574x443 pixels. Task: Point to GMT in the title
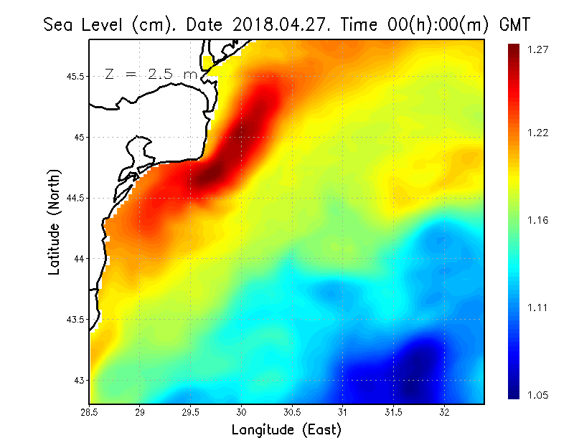pyautogui.click(x=514, y=25)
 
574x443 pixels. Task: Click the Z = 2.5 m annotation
pyautogui.click(x=151, y=75)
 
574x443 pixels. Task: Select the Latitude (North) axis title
pyautogui.click(x=54, y=221)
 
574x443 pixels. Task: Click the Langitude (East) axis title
pyautogui.click(x=286, y=429)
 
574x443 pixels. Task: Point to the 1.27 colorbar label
pyautogui.click(x=539, y=49)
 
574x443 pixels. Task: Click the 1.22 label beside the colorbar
pyautogui.click(x=539, y=133)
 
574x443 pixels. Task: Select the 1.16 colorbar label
pyautogui.click(x=539, y=220)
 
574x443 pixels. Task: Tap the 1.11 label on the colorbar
pyautogui.click(x=539, y=308)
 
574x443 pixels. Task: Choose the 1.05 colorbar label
pyautogui.click(x=539, y=395)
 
